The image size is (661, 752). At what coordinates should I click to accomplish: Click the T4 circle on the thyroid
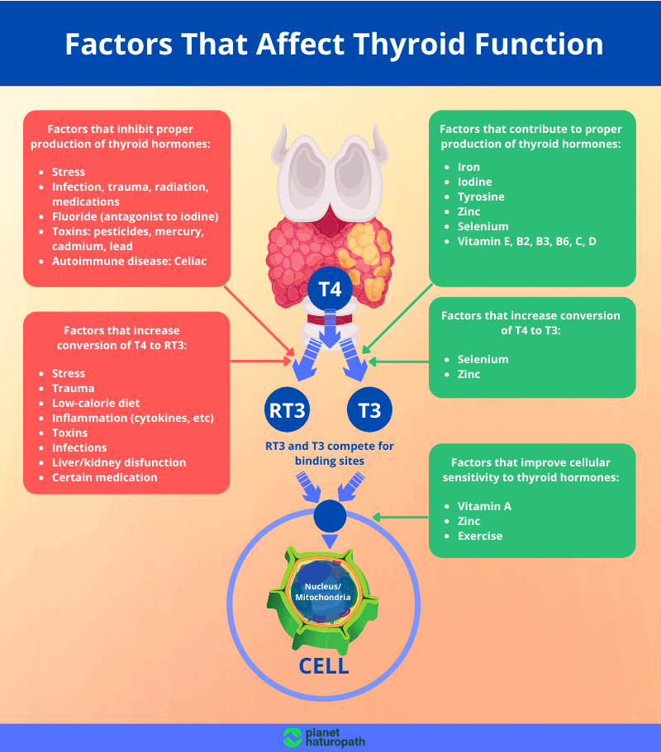point(330,290)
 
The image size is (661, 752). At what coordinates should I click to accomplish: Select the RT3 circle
point(288,409)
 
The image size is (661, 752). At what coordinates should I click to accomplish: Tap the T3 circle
point(369,409)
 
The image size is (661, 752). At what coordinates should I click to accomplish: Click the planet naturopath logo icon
point(292,737)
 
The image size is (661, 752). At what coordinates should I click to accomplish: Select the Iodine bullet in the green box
point(474,182)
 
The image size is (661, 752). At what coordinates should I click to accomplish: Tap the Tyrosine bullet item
point(480,196)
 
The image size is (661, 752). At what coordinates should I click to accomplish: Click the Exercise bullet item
point(480,536)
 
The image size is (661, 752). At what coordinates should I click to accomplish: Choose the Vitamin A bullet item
point(484,506)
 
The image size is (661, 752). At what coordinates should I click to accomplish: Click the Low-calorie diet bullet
point(96,403)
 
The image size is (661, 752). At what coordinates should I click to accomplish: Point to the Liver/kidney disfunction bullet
point(119,462)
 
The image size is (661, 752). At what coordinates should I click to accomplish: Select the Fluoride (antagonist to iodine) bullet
point(135,216)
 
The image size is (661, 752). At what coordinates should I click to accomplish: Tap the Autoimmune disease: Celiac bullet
point(129,261)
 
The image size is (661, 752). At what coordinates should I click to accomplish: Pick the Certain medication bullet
point(104,477)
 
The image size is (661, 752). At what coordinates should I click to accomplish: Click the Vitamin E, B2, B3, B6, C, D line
point(526,241)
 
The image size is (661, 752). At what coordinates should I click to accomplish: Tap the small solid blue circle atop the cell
point(330,516)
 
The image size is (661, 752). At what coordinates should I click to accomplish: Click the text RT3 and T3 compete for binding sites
point(330,453)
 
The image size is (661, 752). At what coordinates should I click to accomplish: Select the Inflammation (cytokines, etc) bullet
point(132,418)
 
